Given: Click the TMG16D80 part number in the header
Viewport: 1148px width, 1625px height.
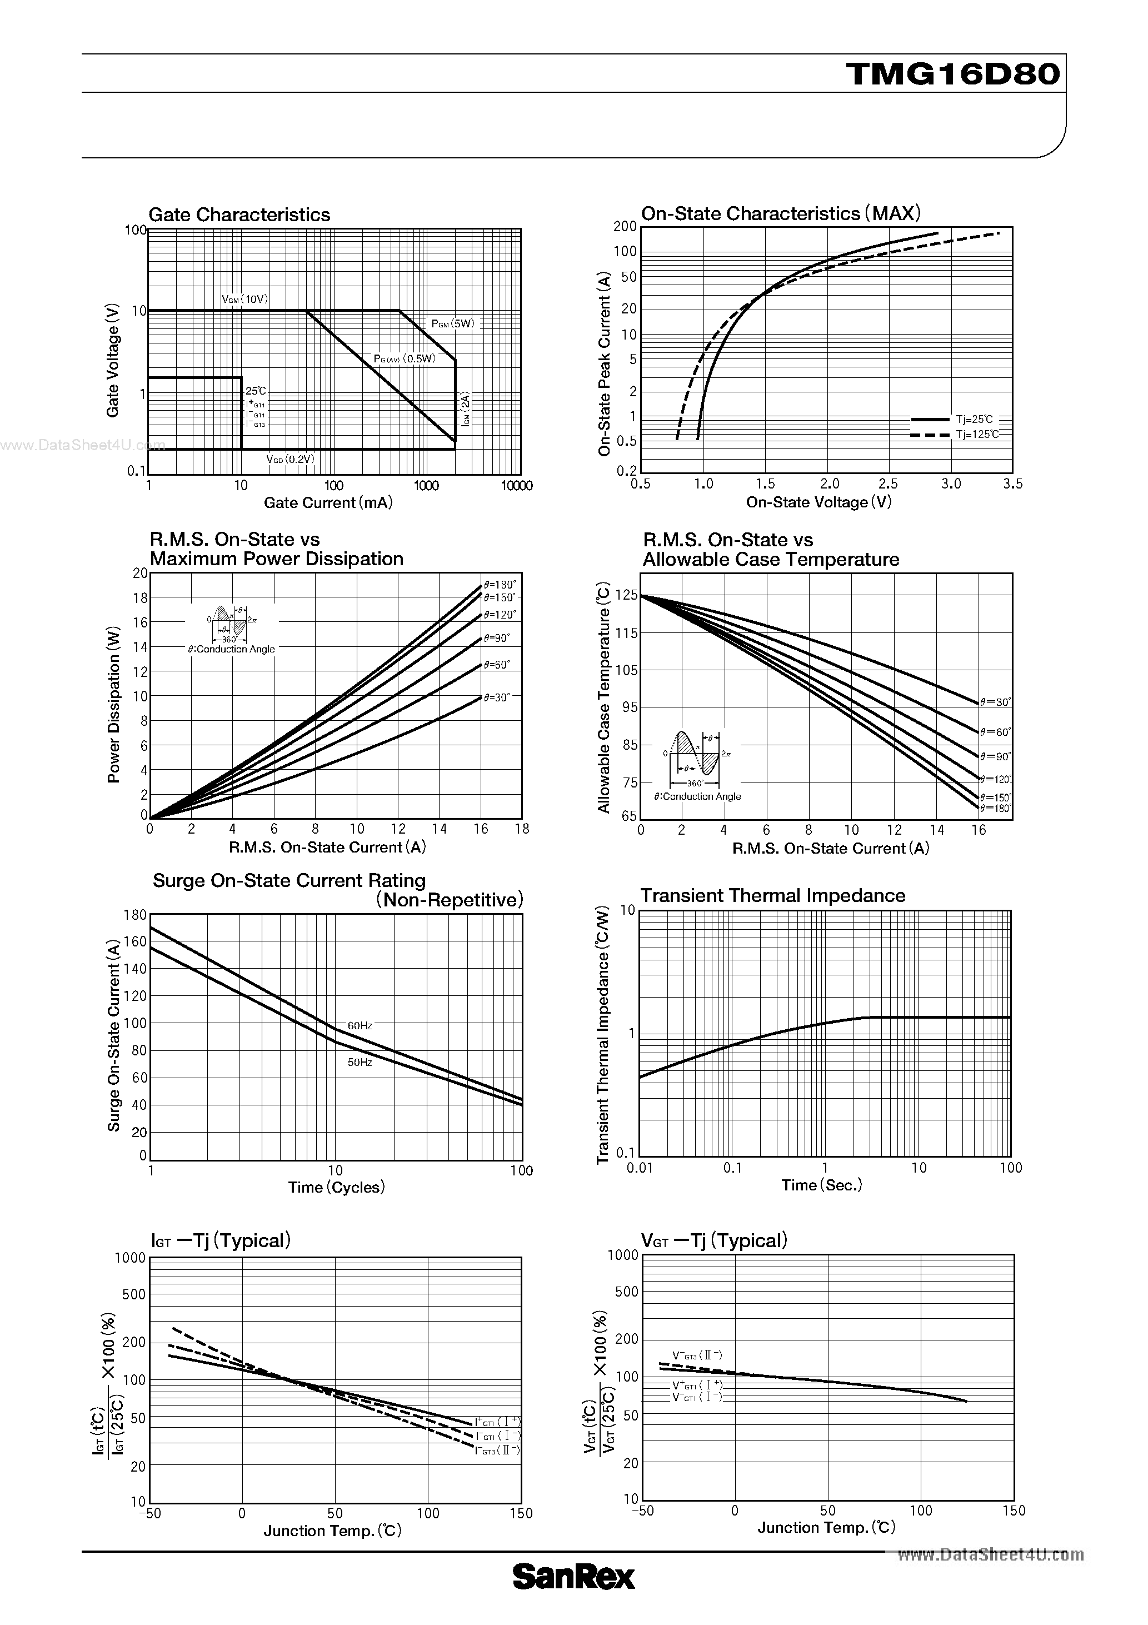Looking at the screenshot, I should (x=952, y=73).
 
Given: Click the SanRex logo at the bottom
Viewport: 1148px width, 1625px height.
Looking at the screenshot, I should (x=573, y=1597).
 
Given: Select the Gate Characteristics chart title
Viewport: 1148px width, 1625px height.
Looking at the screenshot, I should (x=239, y=215).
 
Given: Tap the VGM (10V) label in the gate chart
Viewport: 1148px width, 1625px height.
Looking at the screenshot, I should (x=245, y=300).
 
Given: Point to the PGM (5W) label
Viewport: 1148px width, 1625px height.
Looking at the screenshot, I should (x=453, y=324).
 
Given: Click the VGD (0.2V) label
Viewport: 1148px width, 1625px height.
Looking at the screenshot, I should (x=290, y=460).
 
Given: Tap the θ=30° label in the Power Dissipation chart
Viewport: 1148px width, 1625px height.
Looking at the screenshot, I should (x=497, y=697).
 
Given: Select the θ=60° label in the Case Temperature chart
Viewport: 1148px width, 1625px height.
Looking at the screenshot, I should (x=996, y=732).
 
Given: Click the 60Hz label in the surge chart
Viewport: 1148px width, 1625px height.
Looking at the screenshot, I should (x=360, y=1025).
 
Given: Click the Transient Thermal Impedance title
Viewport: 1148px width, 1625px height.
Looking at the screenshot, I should (x=773, y=896).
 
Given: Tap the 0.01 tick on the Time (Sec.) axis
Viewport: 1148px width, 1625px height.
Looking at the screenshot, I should (x=640, y=1168).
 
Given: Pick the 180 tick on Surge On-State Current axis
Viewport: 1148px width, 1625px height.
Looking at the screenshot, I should (x=134, y=915).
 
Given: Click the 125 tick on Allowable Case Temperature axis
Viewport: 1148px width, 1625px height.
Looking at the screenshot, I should (x=626, y=596).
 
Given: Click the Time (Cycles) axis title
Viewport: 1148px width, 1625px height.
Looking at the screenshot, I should (x=336, y=1188).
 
